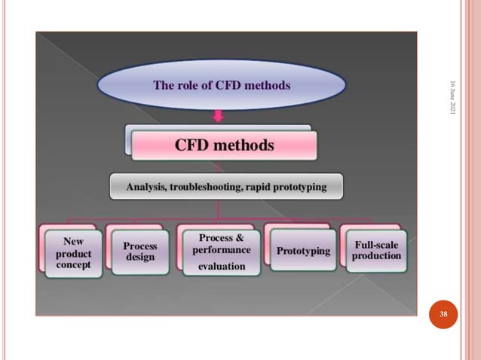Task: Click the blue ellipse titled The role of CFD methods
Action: pyautogui.click(x=222, y=85)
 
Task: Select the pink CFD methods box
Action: pyautogui.click(x=225, y=145)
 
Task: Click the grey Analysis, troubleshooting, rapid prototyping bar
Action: pyautogui.click(x=226, y=186)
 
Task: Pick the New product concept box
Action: pyautogui.click(x=73, y=254)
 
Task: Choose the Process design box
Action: pyautogui.click(x=140, y=252)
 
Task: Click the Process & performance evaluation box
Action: pyautogui.click(x=222, y=252)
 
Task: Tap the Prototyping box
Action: pyautogui.click(x=303, y=251)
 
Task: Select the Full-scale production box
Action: pyautogui.click(x=377, y=250)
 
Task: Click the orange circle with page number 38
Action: pyautogui.click(x=444, y=313)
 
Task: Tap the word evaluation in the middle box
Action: pyautogui.click(x=222, y=266)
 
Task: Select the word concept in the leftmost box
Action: pyautogui.click(x=73, y=265)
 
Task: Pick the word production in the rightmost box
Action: pyautogui.click(x=377, y=256)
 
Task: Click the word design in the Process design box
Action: pyautogui.click(x=140, y=258)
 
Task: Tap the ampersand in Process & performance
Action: pyautogui.click(x=240, y=238)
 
